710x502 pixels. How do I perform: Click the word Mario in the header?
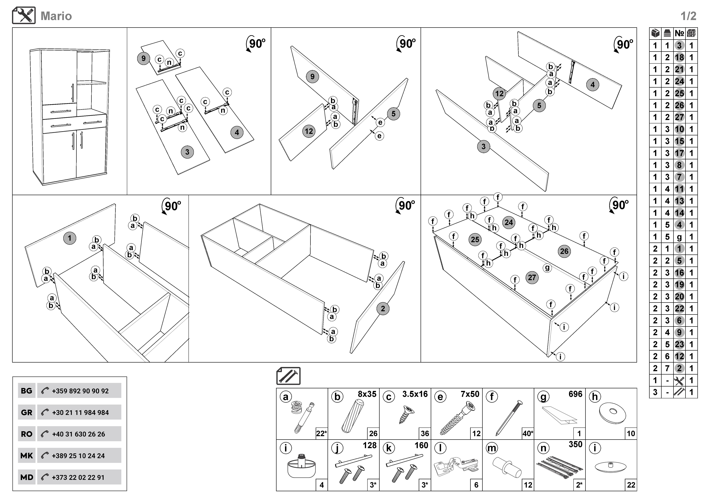[x=56, y=16]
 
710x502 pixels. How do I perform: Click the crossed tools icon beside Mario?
[x=24, y=15]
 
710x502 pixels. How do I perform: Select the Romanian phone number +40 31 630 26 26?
[x=79, y=434]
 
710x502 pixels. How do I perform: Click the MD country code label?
[x=27, y=477]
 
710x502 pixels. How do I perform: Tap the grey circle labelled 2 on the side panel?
[x=383, y=309]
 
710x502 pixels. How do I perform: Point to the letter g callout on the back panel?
[x=547, y=268]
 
